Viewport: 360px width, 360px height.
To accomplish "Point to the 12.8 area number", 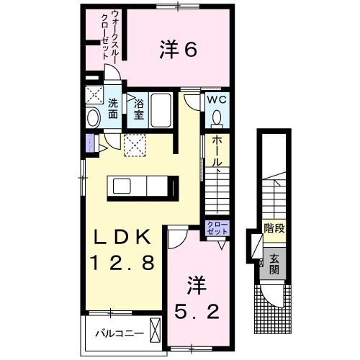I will pyautogui.click(x=121, y=263).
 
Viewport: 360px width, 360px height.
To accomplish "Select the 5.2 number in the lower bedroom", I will pyautogui.click(x=194, y=313).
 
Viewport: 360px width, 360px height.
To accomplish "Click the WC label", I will pyautogui.click(x=217, y=101).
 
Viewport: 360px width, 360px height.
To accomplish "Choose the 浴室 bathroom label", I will pyautogui.click(x=138, y=109).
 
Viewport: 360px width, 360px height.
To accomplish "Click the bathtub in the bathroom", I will pyautogui.click(x=161, y=112).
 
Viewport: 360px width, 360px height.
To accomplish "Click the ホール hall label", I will pyautogui.click(x=217, y=153).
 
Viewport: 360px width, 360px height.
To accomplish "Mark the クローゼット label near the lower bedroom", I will pyautogui.click(x=217, y=229).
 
